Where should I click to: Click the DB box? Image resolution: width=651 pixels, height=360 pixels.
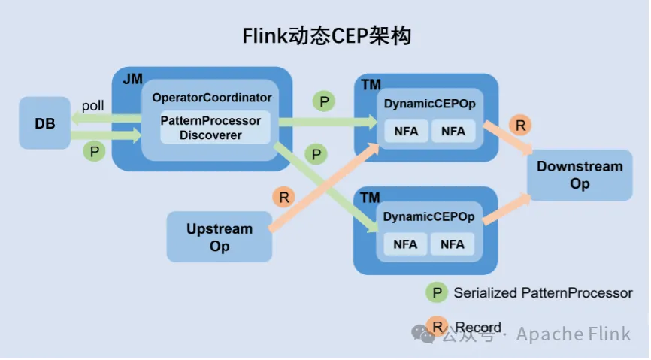(x=45, y=123)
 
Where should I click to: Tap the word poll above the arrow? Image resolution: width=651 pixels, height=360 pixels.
(x=93, y=107)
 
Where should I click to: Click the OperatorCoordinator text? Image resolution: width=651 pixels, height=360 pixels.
(x=211, y=98)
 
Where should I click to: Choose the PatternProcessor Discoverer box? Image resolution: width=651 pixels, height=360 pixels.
(x=210, y=128)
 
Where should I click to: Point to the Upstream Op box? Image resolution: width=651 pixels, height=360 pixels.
(x=220, y=237)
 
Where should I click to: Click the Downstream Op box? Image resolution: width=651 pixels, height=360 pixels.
(x=580, y=175)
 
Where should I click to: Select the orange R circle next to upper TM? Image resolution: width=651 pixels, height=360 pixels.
(x=519, y=125)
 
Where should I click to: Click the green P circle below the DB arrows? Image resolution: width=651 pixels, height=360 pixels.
(x=94, y=151)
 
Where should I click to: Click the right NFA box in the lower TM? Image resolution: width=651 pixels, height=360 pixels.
(x=453, y=244)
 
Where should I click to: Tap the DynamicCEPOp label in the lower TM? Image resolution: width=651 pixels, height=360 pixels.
(x=428, y=216)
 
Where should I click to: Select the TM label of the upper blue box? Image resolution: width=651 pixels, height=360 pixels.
(x=371, y=85)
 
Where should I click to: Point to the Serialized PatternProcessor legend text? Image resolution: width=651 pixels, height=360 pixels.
(x=543, y=293)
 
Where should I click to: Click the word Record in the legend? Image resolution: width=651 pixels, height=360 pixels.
(x=478, y=328)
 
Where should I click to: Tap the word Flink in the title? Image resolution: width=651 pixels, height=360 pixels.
(x=265, y=36)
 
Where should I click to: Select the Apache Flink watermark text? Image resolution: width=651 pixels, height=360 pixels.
(x=573, y=334)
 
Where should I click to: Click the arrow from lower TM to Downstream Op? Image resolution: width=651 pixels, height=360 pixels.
(x=507, y=210)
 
